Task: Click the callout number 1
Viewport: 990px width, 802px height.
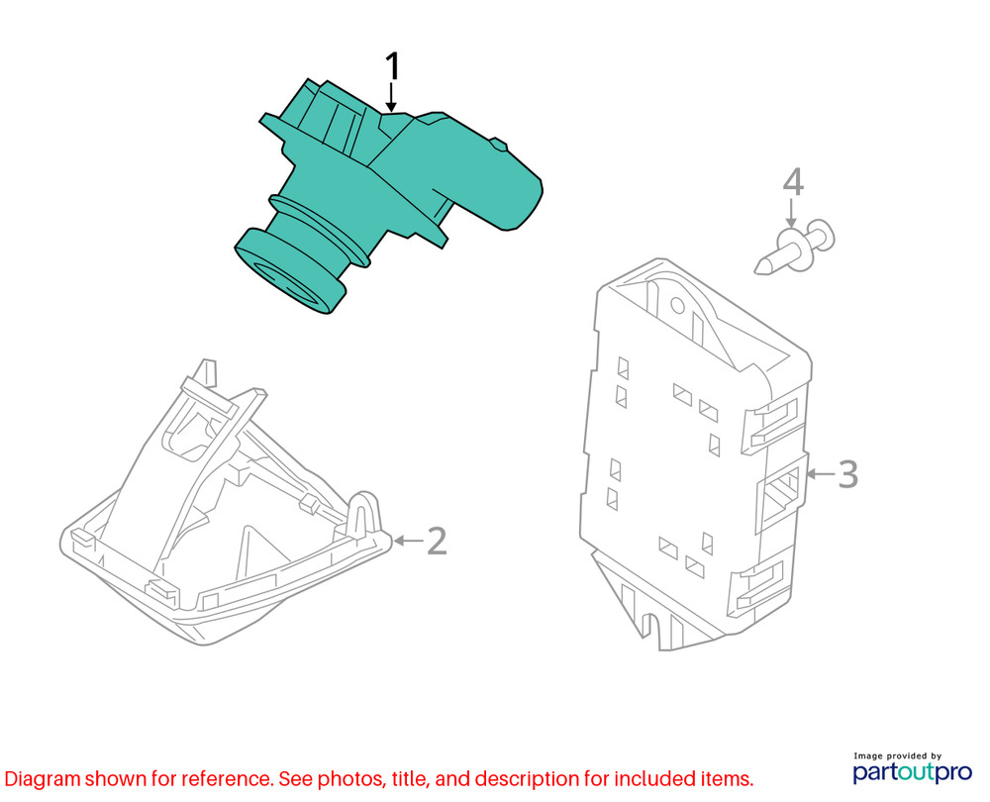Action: (392, 66)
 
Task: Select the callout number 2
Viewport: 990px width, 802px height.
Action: (437, 542)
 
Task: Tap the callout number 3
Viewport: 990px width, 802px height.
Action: (848, 473)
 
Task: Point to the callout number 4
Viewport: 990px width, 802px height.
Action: (793, 182)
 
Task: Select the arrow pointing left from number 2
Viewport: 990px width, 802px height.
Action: (409, 541)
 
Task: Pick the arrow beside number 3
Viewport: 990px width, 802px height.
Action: (820, 473)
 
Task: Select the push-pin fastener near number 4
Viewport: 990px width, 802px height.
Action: (796, 248)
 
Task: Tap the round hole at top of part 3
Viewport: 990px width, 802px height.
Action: (677, 306)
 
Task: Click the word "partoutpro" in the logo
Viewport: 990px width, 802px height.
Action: (913, 772)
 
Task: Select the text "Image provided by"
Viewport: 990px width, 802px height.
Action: (897, 755)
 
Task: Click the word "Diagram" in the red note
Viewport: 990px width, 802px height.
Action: (43, 779)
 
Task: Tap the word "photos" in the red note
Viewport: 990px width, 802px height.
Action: (350, 779)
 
